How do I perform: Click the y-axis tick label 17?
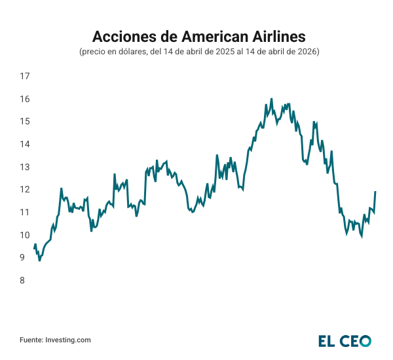26,77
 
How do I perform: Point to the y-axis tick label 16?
26,99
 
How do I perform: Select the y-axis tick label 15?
26,122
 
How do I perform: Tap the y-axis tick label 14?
26,144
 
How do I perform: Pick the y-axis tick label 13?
26,167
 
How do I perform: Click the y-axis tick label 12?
26,190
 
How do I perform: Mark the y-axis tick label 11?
26,212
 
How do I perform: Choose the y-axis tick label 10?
26,235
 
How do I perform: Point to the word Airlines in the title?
276,35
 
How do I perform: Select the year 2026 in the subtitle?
307,52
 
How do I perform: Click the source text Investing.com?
67,340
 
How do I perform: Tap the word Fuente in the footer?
30,340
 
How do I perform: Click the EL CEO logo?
345,340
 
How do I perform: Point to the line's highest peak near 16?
271,99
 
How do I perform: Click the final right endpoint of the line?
375,192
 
